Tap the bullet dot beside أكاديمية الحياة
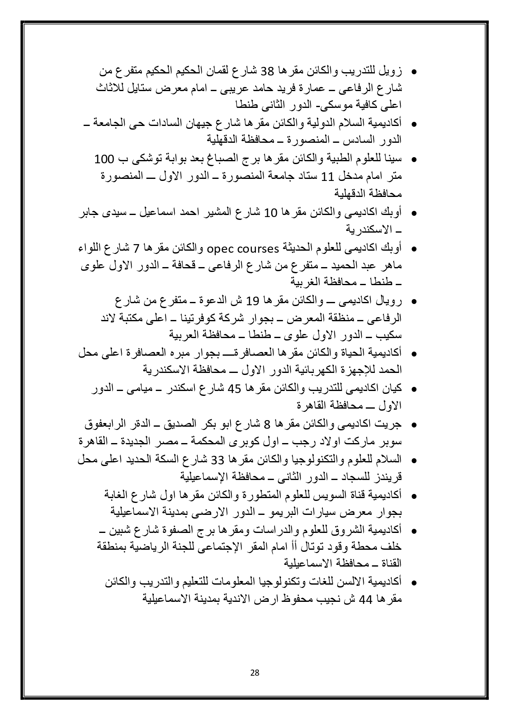pyautogui.click(x=414, y=354)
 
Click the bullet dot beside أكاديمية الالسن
pyautogui.click(x=414, y=583)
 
